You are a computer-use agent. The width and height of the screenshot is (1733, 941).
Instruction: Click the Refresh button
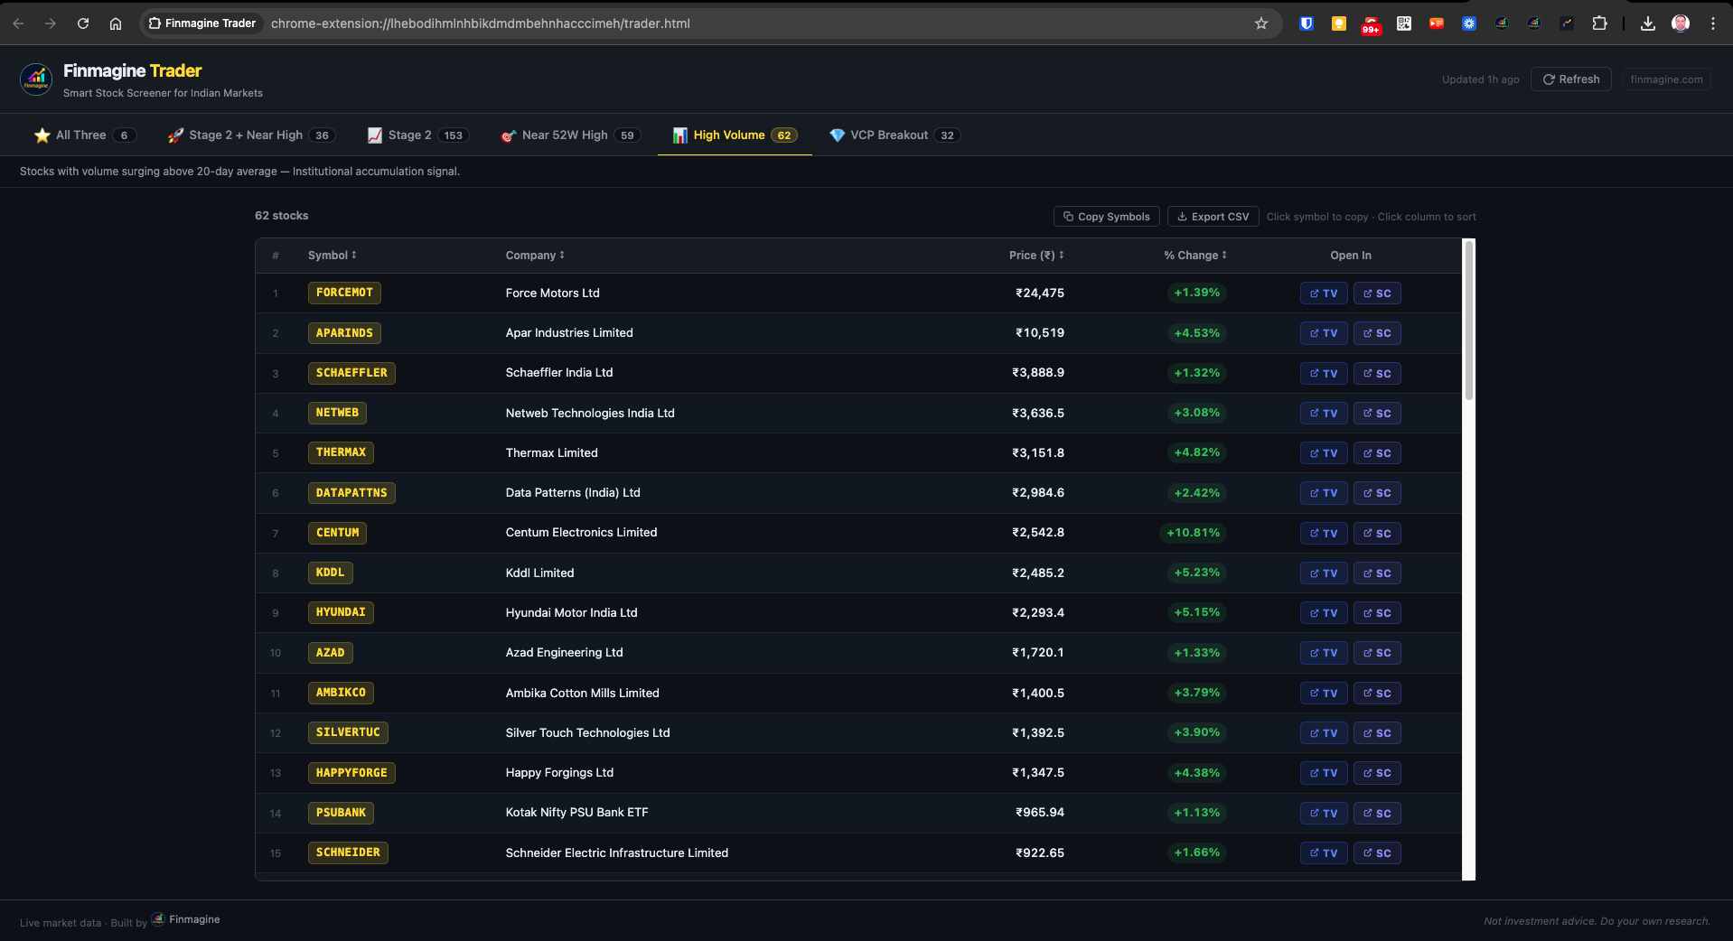tap(1571, 79)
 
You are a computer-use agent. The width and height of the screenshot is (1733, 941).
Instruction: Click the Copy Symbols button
tap(1106, 217)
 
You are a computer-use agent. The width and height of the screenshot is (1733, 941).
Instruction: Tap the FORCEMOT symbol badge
tap(344, 293)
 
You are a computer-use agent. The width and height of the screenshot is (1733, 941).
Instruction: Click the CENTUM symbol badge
tap(337, 533)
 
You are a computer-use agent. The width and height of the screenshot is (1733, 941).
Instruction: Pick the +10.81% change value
tap(1193, 533)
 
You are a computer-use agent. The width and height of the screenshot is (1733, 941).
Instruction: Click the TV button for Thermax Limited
tap(1323, 453)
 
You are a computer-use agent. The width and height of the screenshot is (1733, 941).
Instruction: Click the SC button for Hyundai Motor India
tap(1377, 613)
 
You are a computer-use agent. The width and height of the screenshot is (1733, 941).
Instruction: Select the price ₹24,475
tap(1039, 293)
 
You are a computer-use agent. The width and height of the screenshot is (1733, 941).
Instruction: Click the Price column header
tap(1035, 256)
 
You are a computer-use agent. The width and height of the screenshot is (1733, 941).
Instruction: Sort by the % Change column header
tap(1194, 256)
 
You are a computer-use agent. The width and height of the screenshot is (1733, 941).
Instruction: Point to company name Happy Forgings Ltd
tap(559, 773)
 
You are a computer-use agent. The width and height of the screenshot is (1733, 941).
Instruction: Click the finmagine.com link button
tap(1666, 79)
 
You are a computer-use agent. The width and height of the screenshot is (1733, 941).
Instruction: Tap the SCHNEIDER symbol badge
tap(348, 852)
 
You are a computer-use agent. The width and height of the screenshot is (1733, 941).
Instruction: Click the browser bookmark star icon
tap(1261, 23)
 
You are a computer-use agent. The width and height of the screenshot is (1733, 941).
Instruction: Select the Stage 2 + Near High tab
tap(250, 135)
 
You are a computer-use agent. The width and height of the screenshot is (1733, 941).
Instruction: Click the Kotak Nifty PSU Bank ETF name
tap(576, 813)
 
